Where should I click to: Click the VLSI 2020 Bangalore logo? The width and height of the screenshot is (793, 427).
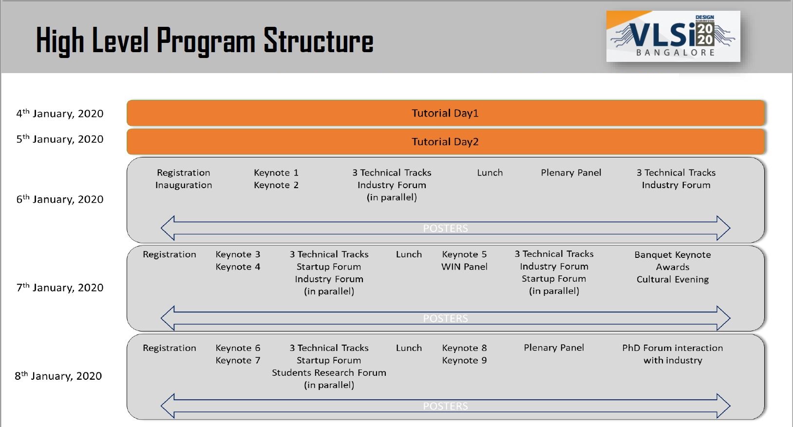(673, 36)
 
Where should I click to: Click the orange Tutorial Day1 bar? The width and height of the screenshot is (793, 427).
(446, 113)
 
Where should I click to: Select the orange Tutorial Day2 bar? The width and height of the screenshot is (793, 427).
(446, 142)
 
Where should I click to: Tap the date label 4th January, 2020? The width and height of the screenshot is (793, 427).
(60, 114)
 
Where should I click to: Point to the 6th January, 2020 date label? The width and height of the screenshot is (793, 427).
(60, 199)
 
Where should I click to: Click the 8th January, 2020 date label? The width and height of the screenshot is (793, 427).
(58, 376)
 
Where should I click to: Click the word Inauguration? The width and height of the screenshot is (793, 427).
(183, 185)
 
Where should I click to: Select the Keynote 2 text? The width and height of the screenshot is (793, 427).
(276, 185)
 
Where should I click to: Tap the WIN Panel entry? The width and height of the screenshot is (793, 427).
(464, 267)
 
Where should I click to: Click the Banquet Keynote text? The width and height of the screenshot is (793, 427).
(673, 254)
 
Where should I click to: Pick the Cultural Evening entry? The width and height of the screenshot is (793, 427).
(673, 279)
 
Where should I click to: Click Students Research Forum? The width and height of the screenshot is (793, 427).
(329, 372)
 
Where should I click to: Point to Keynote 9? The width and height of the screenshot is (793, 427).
(464, 360)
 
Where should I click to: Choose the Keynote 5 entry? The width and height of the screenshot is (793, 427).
(464, 254)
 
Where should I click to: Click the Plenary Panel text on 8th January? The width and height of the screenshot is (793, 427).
(554, 348)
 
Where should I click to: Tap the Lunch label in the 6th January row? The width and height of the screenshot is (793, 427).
(490, 173)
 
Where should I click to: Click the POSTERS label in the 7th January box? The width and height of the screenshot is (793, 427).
(445, 318)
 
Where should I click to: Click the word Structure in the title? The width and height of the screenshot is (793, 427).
(318, 40)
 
